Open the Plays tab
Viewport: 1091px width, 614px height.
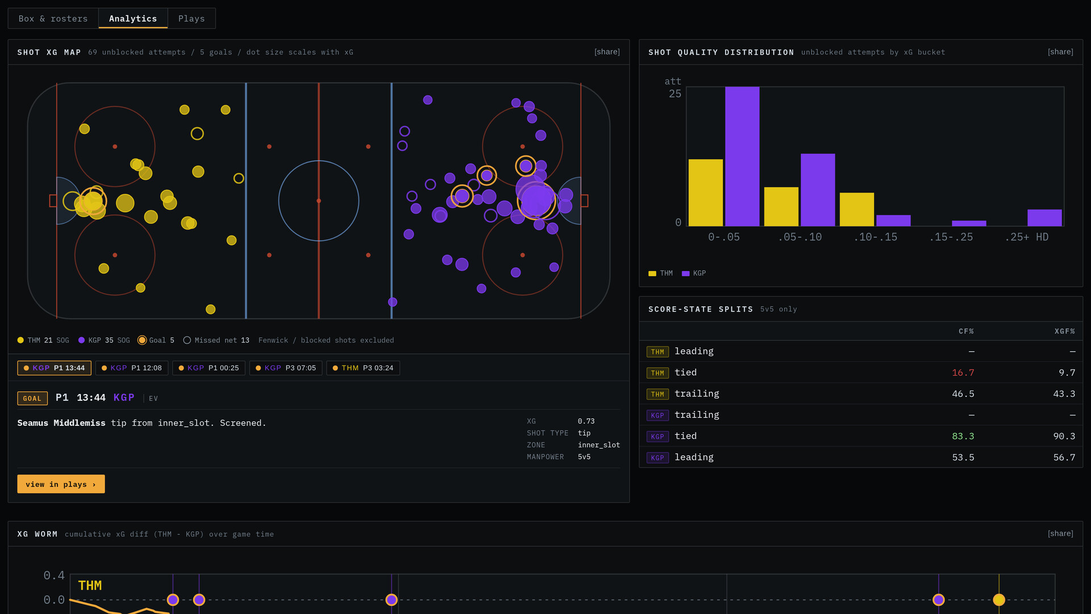[191, 19]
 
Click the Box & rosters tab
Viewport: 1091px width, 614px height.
[53, 19]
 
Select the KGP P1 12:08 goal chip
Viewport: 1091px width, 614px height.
[132, 368]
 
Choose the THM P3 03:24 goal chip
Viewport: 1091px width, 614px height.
[363, 368]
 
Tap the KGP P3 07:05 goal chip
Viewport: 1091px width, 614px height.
[286, 368]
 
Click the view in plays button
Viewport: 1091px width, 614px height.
[61, 484]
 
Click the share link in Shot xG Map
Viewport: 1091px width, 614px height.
[607, 52]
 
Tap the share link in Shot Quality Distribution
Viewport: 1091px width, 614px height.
[1060, 52]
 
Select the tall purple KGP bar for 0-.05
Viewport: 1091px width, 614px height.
[742, 156]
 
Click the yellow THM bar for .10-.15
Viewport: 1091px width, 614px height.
[857, 209]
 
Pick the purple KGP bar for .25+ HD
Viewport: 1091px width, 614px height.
[1044, 218]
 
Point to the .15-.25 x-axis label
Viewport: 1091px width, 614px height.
[951, 237]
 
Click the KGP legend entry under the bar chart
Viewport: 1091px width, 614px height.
[694, 273]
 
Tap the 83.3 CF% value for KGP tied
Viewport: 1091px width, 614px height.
[963, 436]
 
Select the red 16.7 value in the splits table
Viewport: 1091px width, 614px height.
[963, 372]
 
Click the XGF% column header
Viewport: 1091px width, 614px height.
[1065, 331]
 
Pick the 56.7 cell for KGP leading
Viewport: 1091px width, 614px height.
[1064, 457]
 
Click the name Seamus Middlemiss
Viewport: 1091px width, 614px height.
[61, 423]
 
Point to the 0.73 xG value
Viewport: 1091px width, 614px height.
[586, 421]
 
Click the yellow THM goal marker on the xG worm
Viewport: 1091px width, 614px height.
[999, 600]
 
